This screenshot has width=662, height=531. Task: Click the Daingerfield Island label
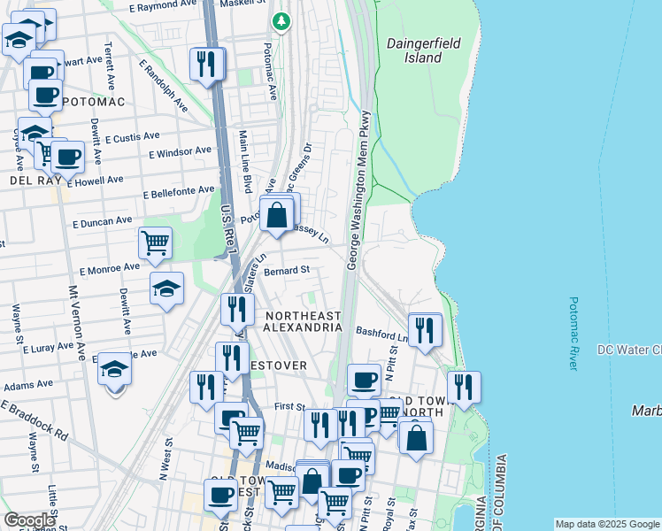pyautogui.click(x=414, y=50)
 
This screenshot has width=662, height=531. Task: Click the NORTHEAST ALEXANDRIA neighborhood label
pyautogui.click(x=303, y=321)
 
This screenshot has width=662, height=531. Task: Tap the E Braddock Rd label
pyautogui.click(x=35, y=420)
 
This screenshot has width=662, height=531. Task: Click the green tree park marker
pyautogui.click(x=281, y=19)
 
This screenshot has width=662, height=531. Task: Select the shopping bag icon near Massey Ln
pyautogui.click(x=277, y=214)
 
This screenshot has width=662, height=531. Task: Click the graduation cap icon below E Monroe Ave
pyautogui.click(x=166, y=289)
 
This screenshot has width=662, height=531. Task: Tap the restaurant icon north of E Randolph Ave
pyautogui.click(x=205, y=64)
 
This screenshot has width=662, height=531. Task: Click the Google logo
pyautogui.click(x=29, y=520)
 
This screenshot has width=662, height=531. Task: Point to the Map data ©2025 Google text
pyautogui.click(x=606, y=524)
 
